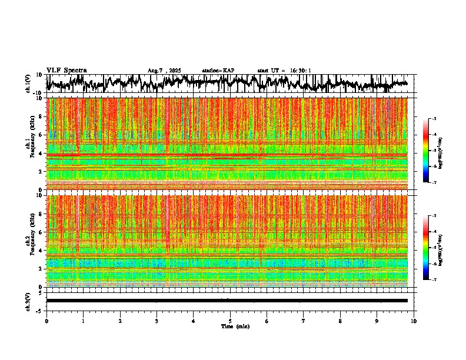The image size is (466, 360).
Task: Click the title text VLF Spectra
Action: tap(66, 71)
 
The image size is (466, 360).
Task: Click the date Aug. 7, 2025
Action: tap(164, 71)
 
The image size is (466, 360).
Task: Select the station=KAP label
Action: tap(218, 71)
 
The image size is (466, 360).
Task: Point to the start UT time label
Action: tap(284, 71)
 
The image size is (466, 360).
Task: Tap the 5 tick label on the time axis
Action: tap(230, 321)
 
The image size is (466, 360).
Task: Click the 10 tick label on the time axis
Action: tap(414, 321)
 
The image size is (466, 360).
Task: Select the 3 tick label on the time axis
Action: tap(157, 321)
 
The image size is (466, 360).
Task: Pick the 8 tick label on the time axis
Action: tap(341, 321)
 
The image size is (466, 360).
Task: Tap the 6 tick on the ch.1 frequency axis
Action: tap(41, 135)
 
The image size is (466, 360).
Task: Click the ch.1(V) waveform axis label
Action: tap(28, 84)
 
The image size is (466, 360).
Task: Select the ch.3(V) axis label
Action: tap(28, 301)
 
